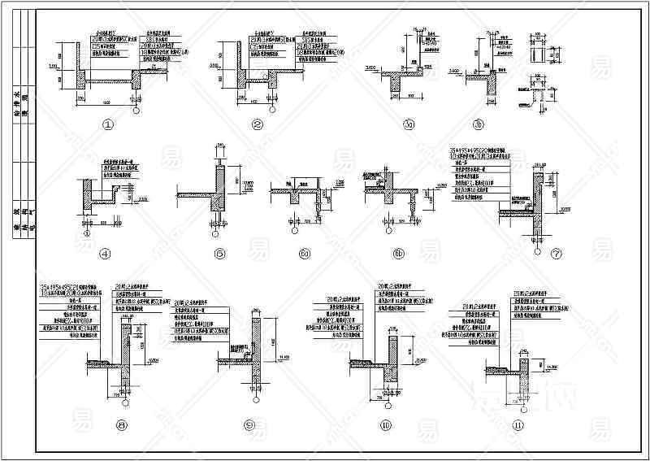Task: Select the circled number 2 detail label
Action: [258, 124]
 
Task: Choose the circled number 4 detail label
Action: [105, 254]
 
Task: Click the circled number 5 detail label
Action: [219, 254]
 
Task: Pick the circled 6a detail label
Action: [305, 254]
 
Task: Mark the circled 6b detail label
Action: [398, 254]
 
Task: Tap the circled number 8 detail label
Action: [122, 424]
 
